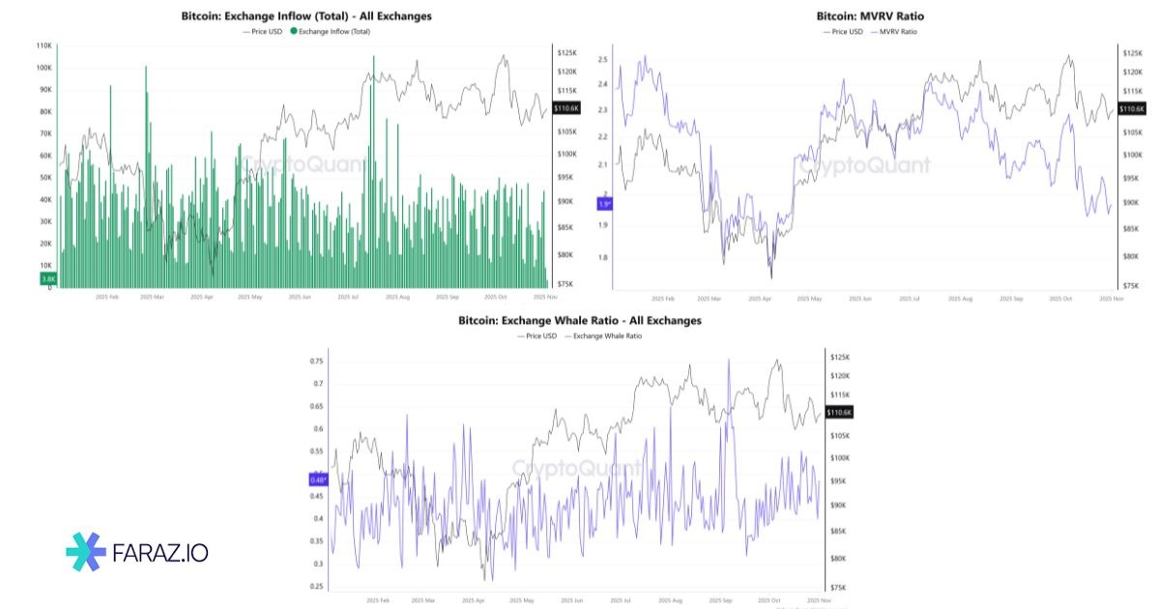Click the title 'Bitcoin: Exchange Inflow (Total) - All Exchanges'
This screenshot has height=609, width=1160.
point(306,16)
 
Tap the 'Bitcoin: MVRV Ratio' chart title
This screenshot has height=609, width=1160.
point(863,16)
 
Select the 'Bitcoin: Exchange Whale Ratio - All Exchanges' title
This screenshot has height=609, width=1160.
point(580,320)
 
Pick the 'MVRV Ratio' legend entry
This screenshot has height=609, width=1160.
point(893,32)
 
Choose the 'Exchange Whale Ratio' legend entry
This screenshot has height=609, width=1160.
point(603,336)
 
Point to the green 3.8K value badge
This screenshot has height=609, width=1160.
point(48,278)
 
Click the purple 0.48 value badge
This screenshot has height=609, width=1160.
point(319,478)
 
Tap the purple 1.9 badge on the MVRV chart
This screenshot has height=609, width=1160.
point(605,204)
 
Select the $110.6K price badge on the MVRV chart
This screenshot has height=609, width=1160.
point(1132,109)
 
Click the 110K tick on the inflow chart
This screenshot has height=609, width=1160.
point(44,45)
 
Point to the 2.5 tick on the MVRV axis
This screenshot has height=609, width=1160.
point(602,60)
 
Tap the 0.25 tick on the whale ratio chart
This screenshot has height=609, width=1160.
point(316,586)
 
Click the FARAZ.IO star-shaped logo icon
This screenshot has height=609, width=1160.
point(86,552)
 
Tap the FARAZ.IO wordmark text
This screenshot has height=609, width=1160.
point(159,553)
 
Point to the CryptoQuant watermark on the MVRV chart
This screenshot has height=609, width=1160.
point(863,164)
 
